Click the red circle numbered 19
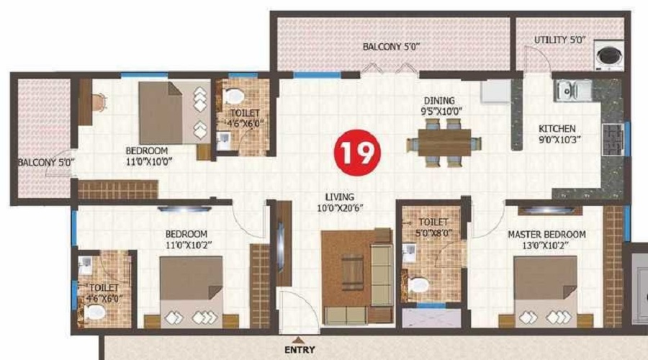point(357,153)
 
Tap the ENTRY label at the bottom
point(300,350)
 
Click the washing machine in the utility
point(608,55)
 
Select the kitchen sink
point(573,91)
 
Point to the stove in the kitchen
point(613,140)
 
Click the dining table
point(444,143)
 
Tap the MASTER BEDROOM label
point(546,234)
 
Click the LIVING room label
point(340,197)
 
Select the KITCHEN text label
point(557,129)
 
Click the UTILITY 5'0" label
point(560,40)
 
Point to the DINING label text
point(439,100)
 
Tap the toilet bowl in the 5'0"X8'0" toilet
point(418,285)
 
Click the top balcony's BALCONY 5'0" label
point(391,47)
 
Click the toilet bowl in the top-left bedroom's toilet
point(233,96)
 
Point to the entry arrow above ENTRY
point(300,341)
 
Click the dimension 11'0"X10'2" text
point(189,245)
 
